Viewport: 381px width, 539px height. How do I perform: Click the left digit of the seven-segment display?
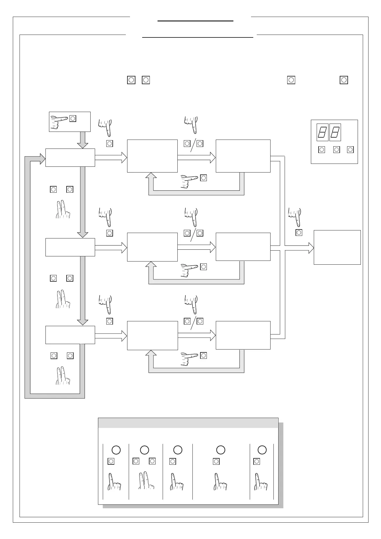[x=322, y=132]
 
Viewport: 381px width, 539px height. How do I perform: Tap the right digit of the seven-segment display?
[x=335, y=132]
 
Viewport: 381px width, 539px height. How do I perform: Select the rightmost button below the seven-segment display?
[x=351, y=149]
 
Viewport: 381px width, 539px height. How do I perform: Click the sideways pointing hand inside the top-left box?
[x=59, y=122]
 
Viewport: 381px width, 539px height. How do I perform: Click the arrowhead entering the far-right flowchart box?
[x=311, y=248]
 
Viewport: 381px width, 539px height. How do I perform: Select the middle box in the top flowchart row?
[x=152, y=156]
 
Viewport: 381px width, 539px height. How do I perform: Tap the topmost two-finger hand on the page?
[x=63, y=210]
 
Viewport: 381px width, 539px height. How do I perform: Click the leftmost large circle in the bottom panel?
[x=116, y=450]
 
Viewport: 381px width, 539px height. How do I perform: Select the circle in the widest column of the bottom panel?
[x=221, y=450]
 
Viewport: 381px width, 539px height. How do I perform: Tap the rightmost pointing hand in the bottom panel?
[x=261, y=482]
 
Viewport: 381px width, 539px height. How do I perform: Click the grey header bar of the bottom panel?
[x=188, y=423]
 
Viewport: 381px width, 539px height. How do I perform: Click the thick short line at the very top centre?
[x=195, y=21]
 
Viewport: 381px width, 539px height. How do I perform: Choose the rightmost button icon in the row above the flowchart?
[x=344, y=80]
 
